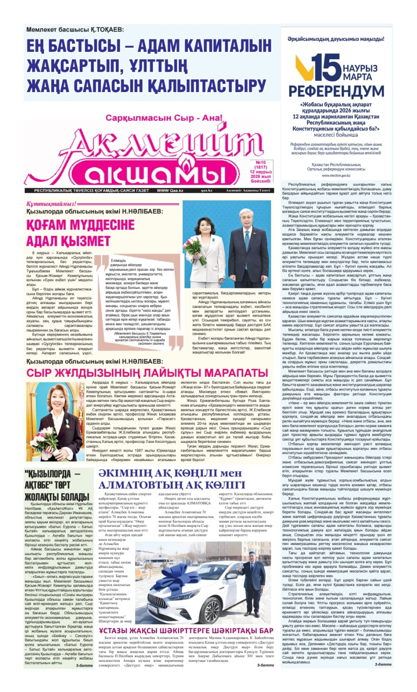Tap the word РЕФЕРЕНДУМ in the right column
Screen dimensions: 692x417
(336, 91)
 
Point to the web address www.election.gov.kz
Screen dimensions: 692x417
(336, 176)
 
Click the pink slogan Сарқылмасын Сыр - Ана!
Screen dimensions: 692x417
(164, 118)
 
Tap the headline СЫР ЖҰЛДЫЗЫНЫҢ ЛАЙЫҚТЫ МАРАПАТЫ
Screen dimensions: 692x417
(147, 373)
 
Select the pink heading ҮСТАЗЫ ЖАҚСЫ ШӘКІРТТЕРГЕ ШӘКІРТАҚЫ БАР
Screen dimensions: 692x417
(186, 631)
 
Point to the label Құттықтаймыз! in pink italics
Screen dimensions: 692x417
(51, 204)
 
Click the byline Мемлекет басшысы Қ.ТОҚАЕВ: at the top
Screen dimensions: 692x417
(75, 30)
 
